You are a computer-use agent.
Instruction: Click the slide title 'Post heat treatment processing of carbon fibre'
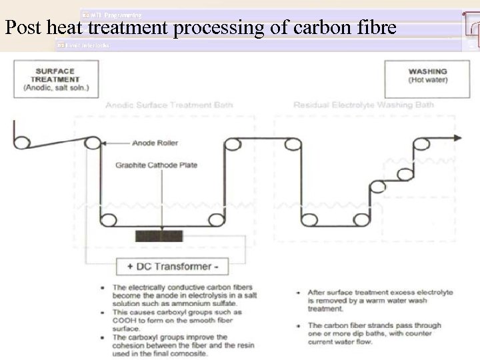[x=200, y=28]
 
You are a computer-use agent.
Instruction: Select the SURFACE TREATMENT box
[x=55, y=79]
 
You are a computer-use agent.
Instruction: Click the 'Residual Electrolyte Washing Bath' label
[x=363, y=105]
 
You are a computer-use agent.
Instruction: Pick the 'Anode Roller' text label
[x=155, y=143]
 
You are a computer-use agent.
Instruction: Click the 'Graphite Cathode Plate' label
[x=157, y=165]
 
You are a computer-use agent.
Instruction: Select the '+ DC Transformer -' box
[x=172, y=267]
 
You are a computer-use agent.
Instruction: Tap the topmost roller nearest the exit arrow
[x=421, y=143]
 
